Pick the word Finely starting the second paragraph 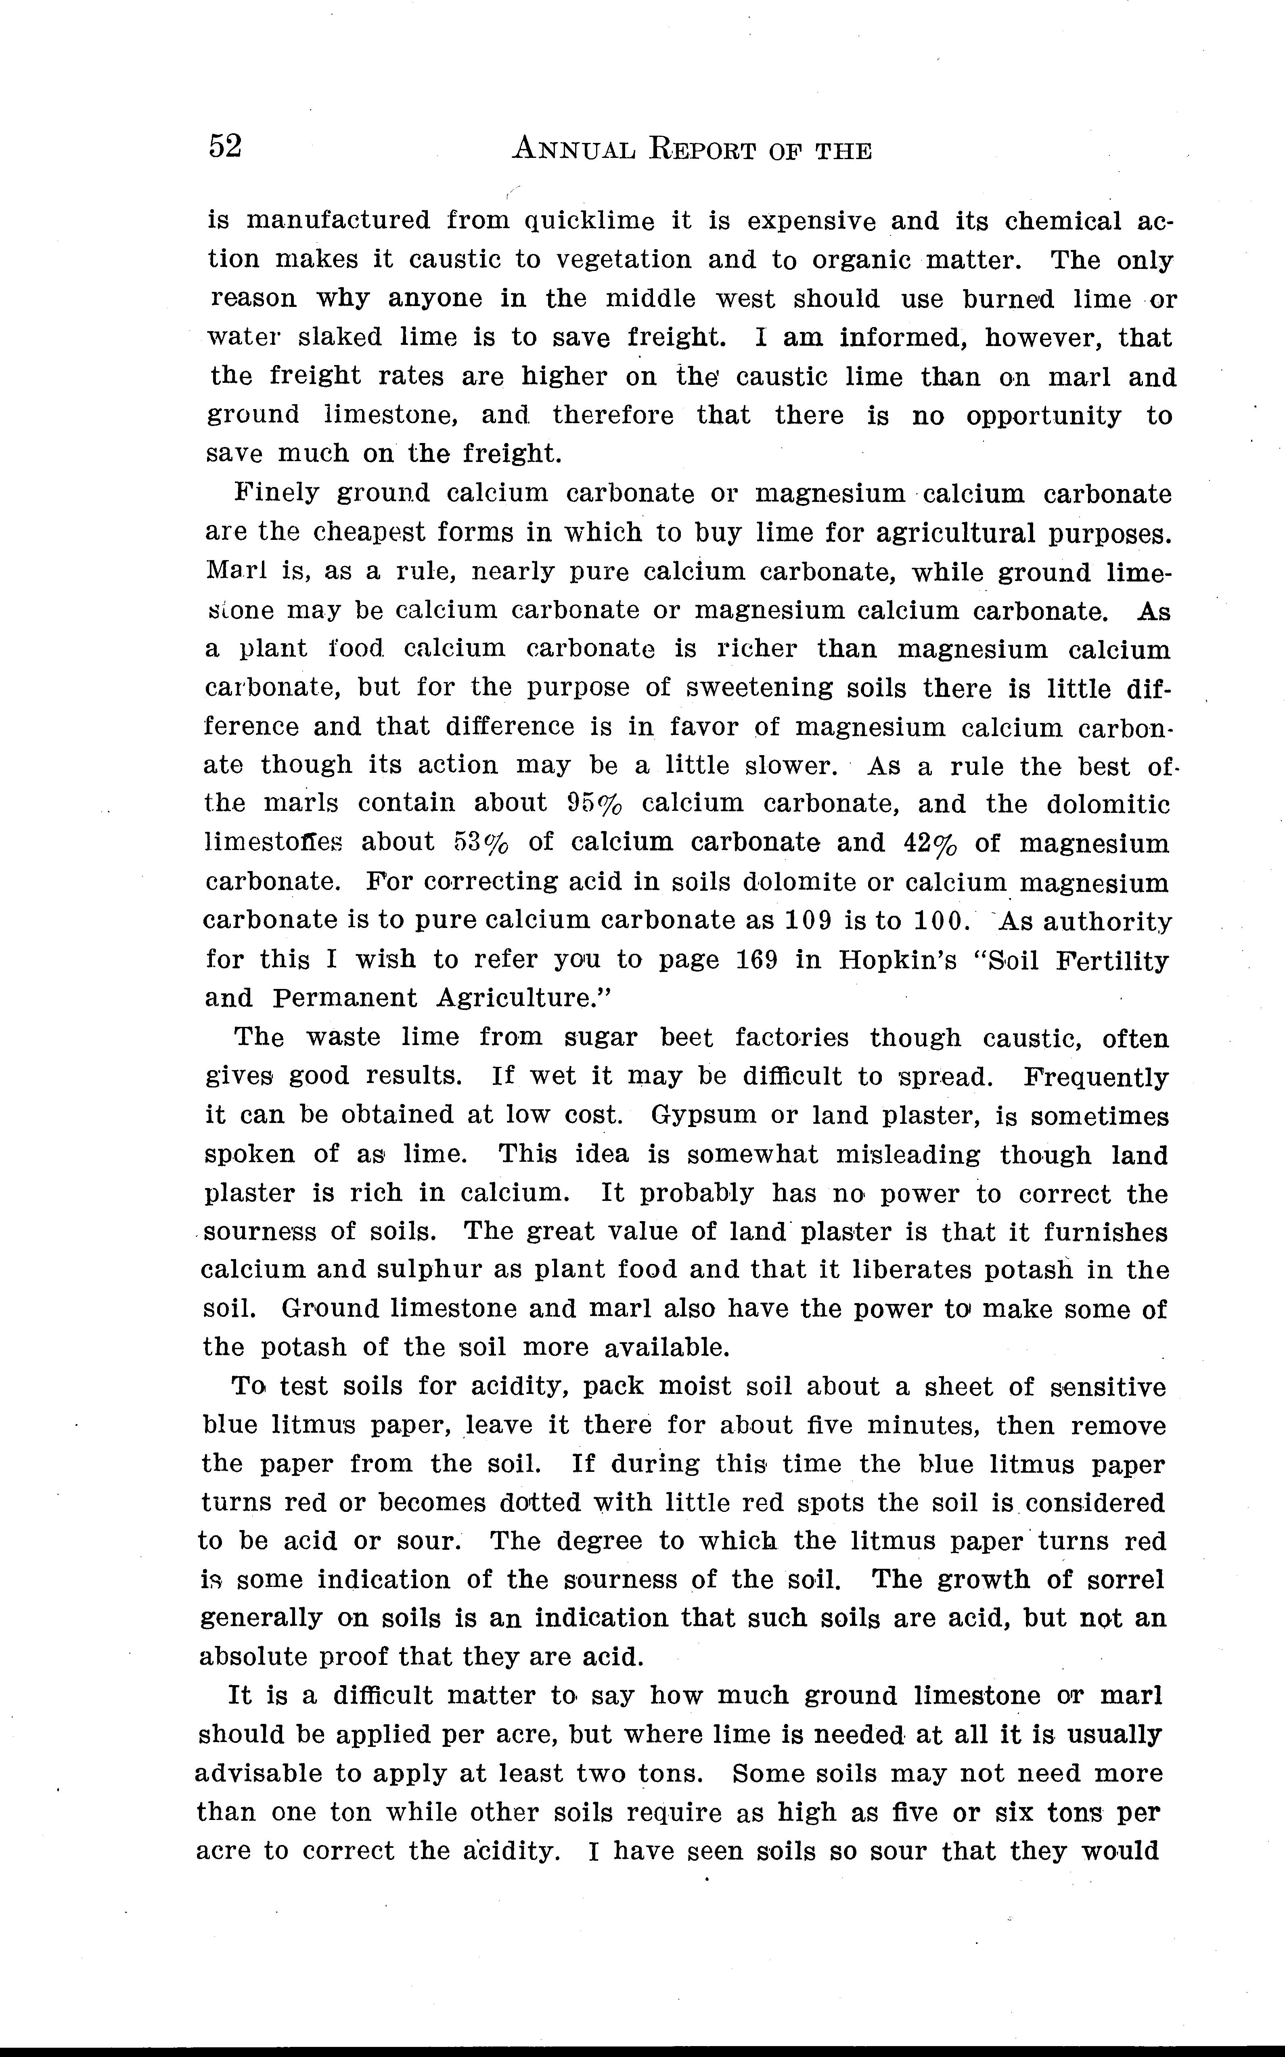click(276, 493)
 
